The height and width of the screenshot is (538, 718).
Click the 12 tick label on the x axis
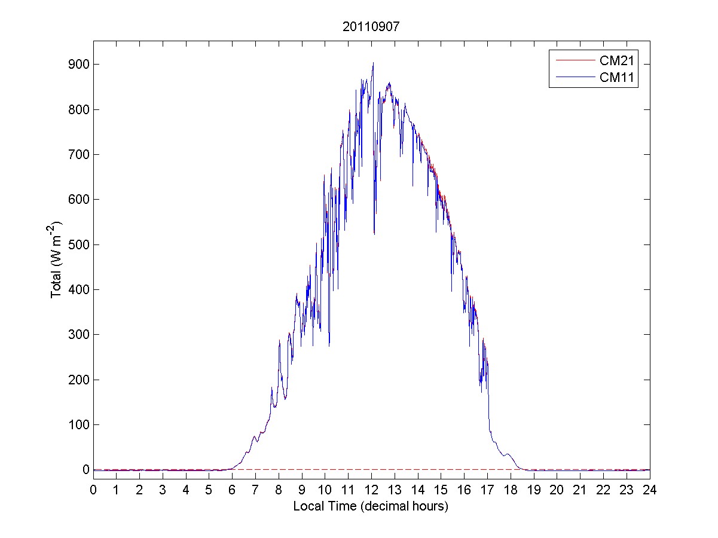371,490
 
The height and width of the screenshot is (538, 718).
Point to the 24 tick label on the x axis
650,490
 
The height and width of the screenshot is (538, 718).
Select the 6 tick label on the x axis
232,490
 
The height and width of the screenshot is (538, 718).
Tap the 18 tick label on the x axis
511,490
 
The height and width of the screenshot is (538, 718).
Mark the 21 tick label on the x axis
580,490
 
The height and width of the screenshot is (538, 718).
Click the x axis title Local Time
371,506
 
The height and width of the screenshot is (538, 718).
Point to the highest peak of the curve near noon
373,63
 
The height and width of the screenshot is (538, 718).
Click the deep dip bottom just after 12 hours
374,234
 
